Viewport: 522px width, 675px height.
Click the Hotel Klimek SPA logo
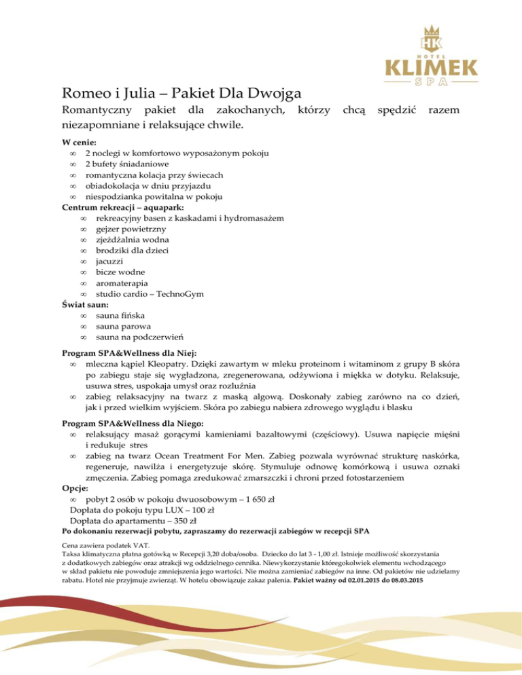tap(432, 54)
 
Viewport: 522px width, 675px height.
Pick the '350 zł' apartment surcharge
tap(178, 521)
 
